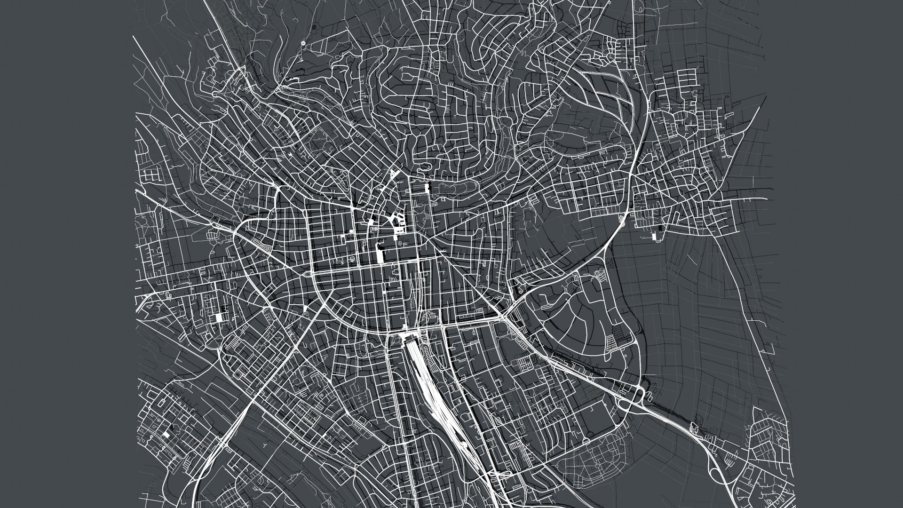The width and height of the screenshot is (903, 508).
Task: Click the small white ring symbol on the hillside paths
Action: pyautogui.click(x=303, y=43)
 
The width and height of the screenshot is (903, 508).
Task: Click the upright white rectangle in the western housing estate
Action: pyautogui.click(x=218, y=317)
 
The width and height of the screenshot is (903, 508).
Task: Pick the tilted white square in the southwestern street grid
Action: pyautogui.click(x=165, y=435)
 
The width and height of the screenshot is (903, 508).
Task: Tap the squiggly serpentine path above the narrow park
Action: pyautogui.click(x=424, y=167)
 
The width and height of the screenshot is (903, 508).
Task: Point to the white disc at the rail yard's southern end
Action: pyautogui.click(x=463, y=444)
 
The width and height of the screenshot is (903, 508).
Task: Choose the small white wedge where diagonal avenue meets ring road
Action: pyautogui.click(x=306, y=309)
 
